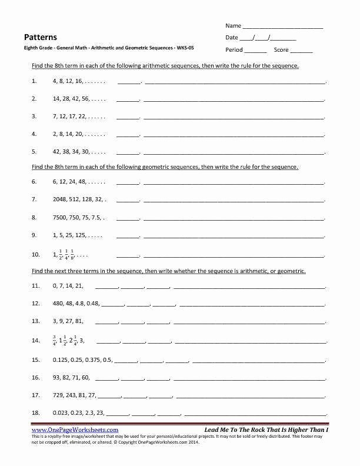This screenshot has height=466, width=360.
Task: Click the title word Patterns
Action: pyautogui.click(x=41, y=36)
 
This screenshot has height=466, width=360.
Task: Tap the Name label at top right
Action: pyautogui.click(x=233, y=26)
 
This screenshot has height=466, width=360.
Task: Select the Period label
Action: pyautogui.click(x=234, y=50)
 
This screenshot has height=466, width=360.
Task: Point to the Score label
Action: pyautogui.click(x=281, y=50)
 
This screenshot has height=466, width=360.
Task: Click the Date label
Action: pyautogui.click(x=232, y=38)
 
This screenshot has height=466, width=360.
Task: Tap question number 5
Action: pyautogui.click(x=35, y=151)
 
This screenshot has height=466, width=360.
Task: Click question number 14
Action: pyautogui.click(x=36, y=340)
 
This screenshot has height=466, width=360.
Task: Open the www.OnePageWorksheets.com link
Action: pyautogui.click(x=74, y=430)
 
